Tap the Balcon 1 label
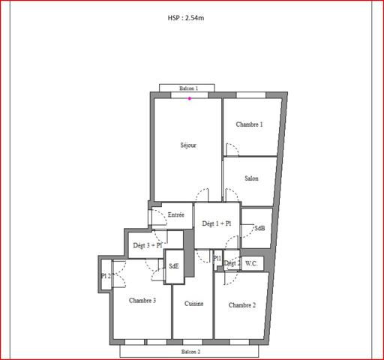(x=188, y=88)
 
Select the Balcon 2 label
(x=190, y=351)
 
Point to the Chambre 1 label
(x=249, y=124)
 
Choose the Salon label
(x=251, y=178)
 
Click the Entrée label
(x=175, y=215)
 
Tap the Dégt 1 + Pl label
(x=217, y=223)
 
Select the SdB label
(x=259, y=228)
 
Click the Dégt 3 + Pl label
(x=148, y=245)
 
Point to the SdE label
(x=174, y=265)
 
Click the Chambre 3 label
(x=142, y=301)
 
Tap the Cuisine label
(x=193, y=304)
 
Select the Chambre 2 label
(x=242, y=305)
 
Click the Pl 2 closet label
(x=106, y=276)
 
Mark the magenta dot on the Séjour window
(x=190, y=98)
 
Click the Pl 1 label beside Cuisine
(x=217, y=259)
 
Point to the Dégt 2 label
(x=232, y=263)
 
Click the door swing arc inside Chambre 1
(x=232, y=149)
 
